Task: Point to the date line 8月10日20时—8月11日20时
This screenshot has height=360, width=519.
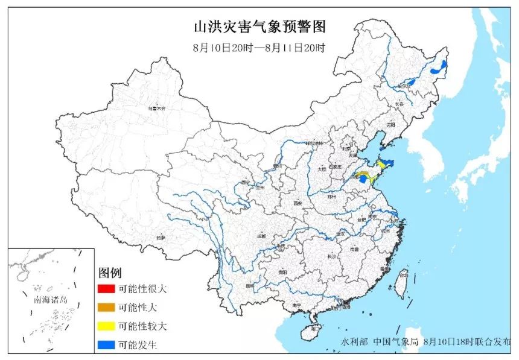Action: point(259,48)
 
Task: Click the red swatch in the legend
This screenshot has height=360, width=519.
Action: point(107,288)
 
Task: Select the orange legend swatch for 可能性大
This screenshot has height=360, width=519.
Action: point(107,307)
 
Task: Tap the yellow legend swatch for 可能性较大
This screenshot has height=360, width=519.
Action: point(107,326)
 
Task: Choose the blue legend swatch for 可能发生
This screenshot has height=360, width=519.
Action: point(107,345)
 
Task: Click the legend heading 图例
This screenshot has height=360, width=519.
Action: point(111,272)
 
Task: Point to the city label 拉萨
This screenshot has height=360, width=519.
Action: point(160,238)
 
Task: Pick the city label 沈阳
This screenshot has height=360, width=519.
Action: point(390,125)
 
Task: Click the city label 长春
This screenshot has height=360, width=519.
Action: point(399,104)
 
